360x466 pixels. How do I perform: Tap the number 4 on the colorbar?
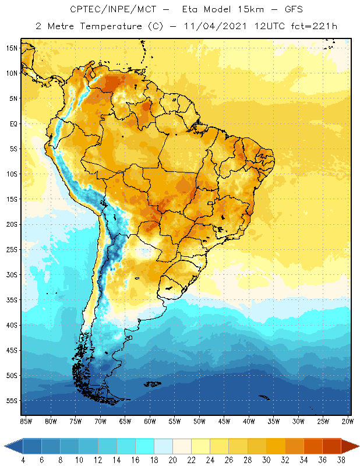click(23, 460)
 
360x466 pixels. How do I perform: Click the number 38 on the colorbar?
click(340, 460)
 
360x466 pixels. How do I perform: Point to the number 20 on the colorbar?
click(172, 460)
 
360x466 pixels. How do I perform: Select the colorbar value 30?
click(266, 460)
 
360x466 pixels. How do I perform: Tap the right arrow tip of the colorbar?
click(357, 446)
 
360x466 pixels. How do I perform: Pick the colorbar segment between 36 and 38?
click(331, 446)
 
